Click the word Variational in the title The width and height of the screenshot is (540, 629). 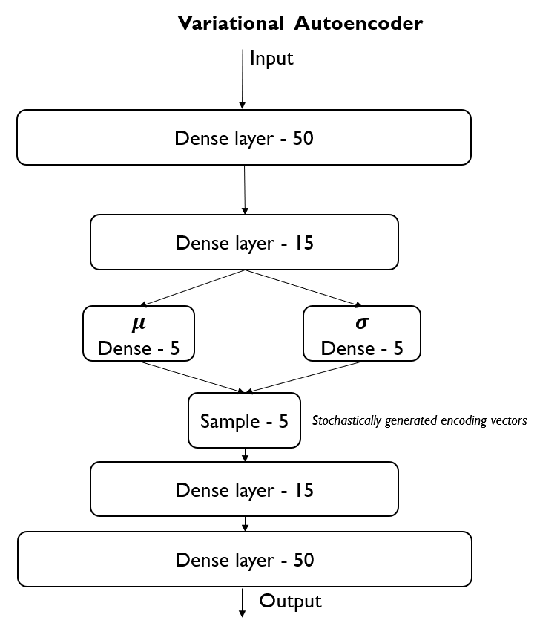tap(231, 23)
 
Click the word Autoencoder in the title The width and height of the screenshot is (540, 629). tap(358, 23)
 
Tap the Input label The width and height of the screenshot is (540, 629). tap(271, 59)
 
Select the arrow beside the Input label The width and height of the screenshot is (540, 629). tap(243, 79)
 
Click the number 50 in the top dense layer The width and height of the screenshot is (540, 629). tap(303, 138)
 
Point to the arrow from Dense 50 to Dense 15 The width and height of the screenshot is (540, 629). tap(245, 189)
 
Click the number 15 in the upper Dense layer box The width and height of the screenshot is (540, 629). tap(303, 243)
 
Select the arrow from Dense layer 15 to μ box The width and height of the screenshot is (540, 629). tap(192, 288)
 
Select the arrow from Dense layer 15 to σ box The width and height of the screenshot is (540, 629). tap(304, 288)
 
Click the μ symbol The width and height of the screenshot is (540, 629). tap(139, 323)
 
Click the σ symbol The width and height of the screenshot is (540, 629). tap(362, 322)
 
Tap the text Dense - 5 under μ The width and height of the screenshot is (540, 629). tap(139, 348)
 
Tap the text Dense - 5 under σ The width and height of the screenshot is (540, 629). tap(362, 348)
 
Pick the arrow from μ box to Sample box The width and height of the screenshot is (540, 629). tap(192, 377)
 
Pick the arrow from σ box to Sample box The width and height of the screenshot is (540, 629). tap(303, 377)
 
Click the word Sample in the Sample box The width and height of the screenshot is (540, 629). tap(230, 422)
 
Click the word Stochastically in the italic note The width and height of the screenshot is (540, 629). tap(346, 421)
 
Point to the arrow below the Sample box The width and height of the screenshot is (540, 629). tap(246, 454)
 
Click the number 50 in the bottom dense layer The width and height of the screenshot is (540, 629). tap(303, 560)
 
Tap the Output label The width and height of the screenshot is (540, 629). tap(290, 602)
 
